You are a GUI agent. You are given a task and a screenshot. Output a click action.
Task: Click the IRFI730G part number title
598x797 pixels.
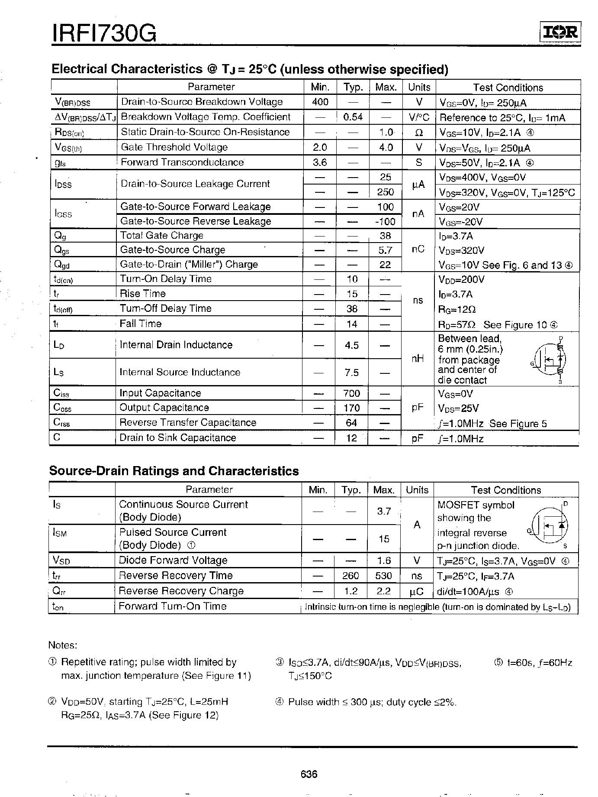pos(104,32)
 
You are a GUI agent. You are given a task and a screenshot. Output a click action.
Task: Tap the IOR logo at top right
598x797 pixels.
pos(560,32)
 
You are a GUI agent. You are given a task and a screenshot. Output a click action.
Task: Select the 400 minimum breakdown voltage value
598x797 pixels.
pos(320,102)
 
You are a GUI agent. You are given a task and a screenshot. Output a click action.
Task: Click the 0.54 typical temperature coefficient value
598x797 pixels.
pos(353,117)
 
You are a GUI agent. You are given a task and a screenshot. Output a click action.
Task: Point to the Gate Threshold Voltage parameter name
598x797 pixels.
pos(174,147)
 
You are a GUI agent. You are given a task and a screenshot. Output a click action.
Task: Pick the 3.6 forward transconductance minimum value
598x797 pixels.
pos(320,162)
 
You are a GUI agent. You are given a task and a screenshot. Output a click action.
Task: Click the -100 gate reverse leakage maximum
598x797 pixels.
pos(385,222)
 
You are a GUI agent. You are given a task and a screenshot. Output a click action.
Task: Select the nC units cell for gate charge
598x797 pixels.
pos(418,249)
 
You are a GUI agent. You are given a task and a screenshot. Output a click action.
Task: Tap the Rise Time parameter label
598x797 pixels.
pos(143,294)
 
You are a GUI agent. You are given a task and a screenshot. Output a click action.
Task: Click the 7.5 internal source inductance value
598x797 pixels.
pos(352,373)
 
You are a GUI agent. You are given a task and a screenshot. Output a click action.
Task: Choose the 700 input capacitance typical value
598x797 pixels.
pos(351,393)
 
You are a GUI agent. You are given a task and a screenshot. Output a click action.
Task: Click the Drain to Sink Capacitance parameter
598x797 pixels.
pos(178,437)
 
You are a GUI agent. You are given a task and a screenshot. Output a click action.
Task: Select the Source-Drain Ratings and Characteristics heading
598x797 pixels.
pos(174,471)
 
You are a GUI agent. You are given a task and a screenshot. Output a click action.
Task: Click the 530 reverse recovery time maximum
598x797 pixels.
pos(383,576)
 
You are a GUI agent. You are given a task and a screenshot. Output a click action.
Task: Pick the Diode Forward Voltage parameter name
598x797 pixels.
pos(173,560)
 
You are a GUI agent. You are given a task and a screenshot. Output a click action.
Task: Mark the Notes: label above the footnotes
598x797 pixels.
pos(63,645)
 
